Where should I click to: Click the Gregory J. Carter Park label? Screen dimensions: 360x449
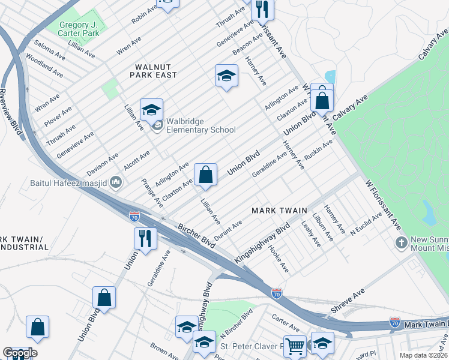pos(79,29)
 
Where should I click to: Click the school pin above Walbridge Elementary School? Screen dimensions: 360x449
pos(152,110)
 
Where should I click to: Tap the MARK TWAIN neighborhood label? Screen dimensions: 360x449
pos(279,211)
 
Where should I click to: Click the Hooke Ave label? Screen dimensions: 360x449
pos(279,259)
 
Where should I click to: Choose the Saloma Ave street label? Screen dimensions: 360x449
pos(49,49)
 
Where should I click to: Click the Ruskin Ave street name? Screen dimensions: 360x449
pos(318,149)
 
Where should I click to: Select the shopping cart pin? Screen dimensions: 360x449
pos(295,346)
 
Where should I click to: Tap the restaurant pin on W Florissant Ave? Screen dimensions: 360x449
pos(262,9)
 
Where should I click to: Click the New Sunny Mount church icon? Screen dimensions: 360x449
pos(402,243)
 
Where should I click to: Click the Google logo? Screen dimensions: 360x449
pos(20,353)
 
